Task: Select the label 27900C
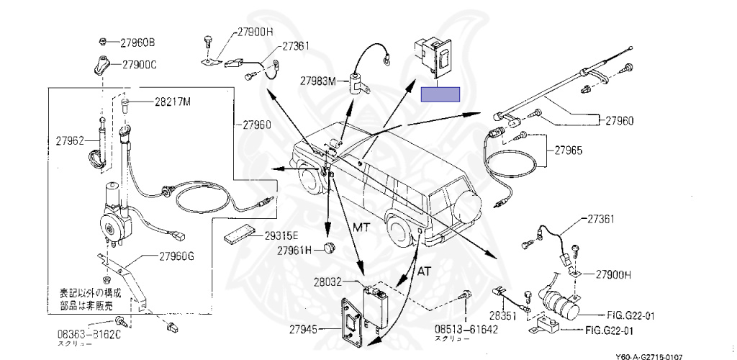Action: click(x=139, y=65)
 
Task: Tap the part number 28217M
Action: click(x=172, y=102)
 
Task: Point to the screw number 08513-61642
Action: click(x=466, y=329)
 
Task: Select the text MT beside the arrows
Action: click(x=361, y=228)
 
